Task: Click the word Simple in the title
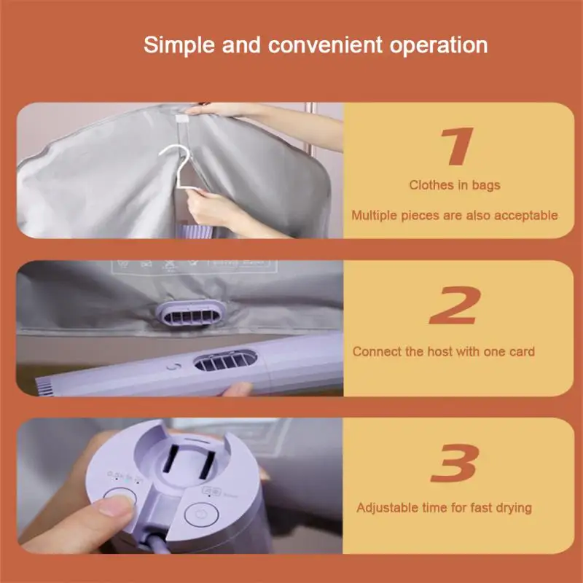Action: (179, 45)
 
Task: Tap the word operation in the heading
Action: (439, 45)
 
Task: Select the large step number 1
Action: (458, 146)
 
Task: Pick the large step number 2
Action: (455, 305)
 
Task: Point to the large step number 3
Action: (454, 463)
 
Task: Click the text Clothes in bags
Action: (455, 185)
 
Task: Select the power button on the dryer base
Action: (201, 514)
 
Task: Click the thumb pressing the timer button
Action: (111, 510)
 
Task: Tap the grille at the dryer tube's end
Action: (44, 387)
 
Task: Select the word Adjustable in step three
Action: (386, 508)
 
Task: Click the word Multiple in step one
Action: (374, 215)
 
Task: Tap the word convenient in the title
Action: (325, 45)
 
